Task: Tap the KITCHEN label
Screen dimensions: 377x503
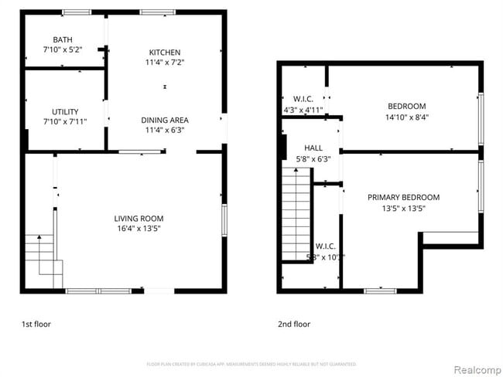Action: point(165,53)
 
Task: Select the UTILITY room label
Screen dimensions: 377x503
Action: point(65,111)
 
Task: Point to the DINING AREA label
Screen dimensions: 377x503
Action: point(165,120)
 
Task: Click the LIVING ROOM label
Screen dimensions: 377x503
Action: point(139,219)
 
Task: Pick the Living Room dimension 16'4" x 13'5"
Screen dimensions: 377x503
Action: point(139,228)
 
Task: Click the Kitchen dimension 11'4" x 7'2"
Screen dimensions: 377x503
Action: point(166,62)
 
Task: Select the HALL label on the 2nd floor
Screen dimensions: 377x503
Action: point(313,148)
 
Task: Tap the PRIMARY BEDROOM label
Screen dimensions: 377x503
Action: point(403,197)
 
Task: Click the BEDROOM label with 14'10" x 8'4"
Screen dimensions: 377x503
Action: point(406,106)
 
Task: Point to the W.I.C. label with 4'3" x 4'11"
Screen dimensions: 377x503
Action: point(303,99)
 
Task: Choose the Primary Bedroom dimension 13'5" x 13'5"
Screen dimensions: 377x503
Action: point(404,207)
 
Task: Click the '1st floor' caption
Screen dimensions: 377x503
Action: point(36,324)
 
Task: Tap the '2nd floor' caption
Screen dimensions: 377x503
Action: point(294,324)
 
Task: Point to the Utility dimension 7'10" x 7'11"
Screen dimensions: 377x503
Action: point(65,121)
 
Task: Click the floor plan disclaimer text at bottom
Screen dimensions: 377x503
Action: point(251,363)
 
